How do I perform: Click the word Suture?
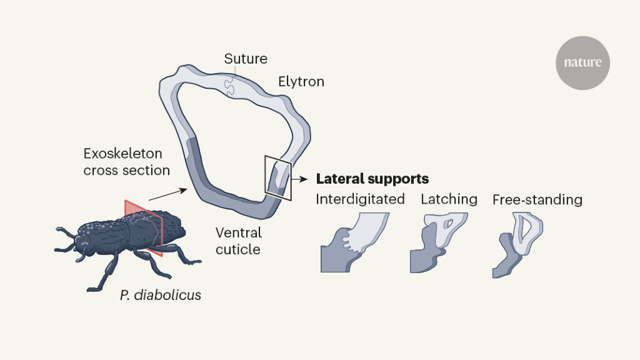coord(246,59)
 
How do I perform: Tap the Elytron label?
coord(301,82)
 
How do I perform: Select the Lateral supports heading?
coord(372,179)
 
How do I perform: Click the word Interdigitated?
coord(360,199)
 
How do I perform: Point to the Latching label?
coord(449,199)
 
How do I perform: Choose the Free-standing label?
coord(537,200)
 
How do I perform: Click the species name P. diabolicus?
coord(161,295)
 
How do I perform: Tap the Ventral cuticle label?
coord(238,241)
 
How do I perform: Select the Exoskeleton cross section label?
coord(127,161)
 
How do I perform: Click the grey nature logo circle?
coord(582,63)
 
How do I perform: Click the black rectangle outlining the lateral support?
coord(277,178)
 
